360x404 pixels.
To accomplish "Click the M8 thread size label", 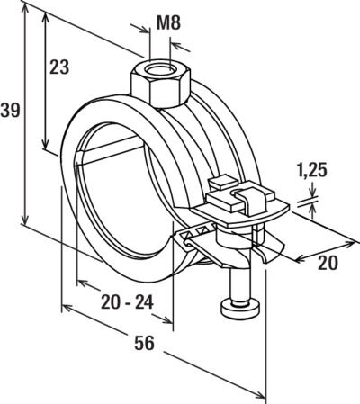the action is pyautogui.click(x=168, y=23).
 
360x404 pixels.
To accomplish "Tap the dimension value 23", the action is pyautogui.click(x=59, y=67).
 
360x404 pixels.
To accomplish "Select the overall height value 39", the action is pyautogui.click(x=10, y=110).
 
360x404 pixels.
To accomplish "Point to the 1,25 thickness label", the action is pyautogui.click(x=311, y=171).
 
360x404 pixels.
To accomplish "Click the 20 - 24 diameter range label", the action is pyautogui.click(x=127, y=302).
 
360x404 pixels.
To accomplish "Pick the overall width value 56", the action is pyautogui.click(x=144, y=343).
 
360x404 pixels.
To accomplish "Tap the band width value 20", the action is pyautogui.click(x=328, y=263).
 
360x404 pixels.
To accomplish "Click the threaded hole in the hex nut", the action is pyautogui.click(x=159, y=70).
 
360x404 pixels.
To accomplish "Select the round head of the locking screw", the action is pyautogui.click(x=240, y=309).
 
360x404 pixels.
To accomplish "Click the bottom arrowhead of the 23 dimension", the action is pyautogui.click(x=45, y=143).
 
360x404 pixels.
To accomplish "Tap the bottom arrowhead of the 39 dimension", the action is pyautogui.click(x=25, y=217).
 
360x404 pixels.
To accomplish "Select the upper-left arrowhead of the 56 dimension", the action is pyautogui.click(x=68, y=308).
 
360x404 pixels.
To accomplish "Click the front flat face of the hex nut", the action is pyautogui.click(x=169, y=93).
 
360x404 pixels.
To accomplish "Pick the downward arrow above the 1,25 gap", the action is pyautogui.click(x=312, y=190).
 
